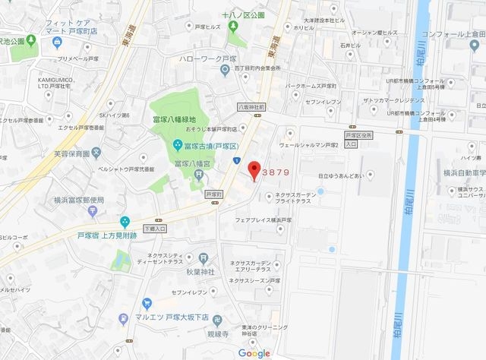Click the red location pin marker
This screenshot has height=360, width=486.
coord(254,171)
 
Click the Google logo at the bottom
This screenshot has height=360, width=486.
coord(254,353)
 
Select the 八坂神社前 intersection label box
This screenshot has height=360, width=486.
coord(251,107)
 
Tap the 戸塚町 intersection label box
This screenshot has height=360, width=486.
coord(216,195)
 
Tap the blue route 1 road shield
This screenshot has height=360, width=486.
coord(237,159)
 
